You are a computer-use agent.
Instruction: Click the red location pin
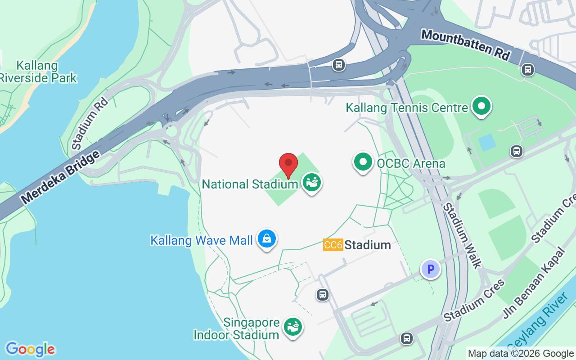[x=288, y=165]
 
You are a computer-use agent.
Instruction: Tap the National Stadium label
[x=250, y=184]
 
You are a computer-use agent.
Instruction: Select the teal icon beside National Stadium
[x=311, y=182]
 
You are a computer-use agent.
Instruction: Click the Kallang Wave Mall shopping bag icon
[x=267, y=238]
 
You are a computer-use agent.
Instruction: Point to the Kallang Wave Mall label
[x=201, y=240]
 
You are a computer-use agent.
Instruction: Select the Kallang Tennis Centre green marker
[x=481, y=106]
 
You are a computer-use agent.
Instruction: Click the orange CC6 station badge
[x=333, y=245]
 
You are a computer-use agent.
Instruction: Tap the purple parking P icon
[x=431, y=269]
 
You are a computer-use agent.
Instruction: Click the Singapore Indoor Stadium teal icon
[x=293, y=326]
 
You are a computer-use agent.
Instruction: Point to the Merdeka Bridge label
[x=60, y=177]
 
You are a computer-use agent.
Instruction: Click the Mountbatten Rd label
[x=466, y=45]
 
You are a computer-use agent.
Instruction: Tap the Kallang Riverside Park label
[x=38, y=72]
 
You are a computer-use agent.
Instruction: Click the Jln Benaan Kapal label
[x=534, y=283]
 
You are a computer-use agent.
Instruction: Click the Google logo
[x=30, y=349]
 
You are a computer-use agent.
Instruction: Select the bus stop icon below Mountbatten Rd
[x=528, y=70]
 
